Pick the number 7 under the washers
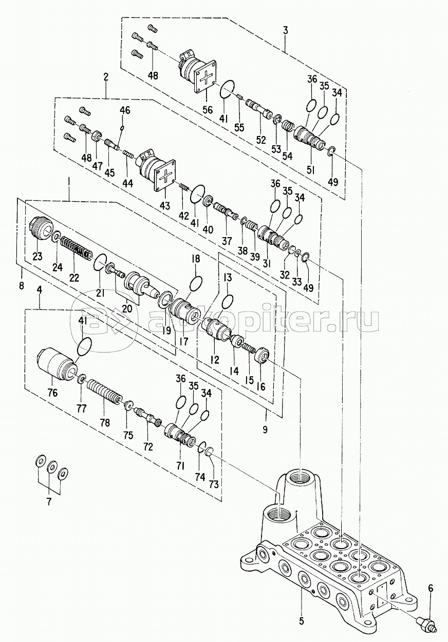click(50, 502)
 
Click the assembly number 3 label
click(285, 30)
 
